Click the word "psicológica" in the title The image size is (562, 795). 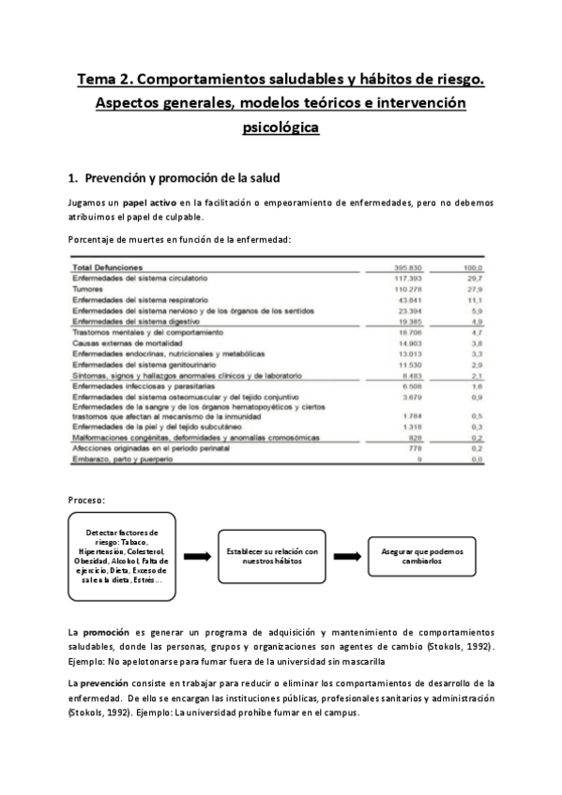(x=281, y=127)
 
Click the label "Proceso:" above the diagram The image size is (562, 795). (x=87, y=500)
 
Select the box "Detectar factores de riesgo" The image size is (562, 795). (x=121, y=556)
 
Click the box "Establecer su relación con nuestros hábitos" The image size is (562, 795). (x=273, y=557)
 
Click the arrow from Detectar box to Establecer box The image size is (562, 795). (x=197, y=557)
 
